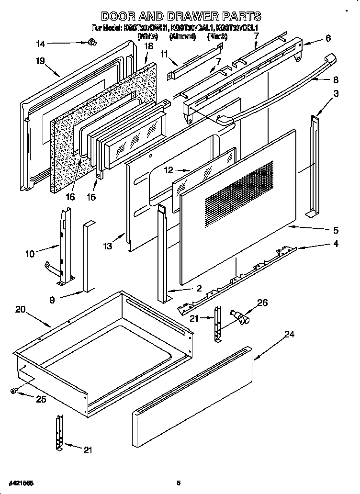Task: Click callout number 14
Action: tap(41, 44)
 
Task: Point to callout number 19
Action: tap(40, 61)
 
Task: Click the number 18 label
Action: tap(148, 46)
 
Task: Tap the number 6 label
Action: tap(328, 39)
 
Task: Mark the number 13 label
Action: tap(107, 246)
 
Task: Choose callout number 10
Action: tap(30, 254)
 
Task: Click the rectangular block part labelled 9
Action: tap(89, 256)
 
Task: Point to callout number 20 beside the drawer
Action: tap(20, 309)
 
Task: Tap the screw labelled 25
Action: tap(14, 391)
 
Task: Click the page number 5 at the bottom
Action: tap(178, 483)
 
